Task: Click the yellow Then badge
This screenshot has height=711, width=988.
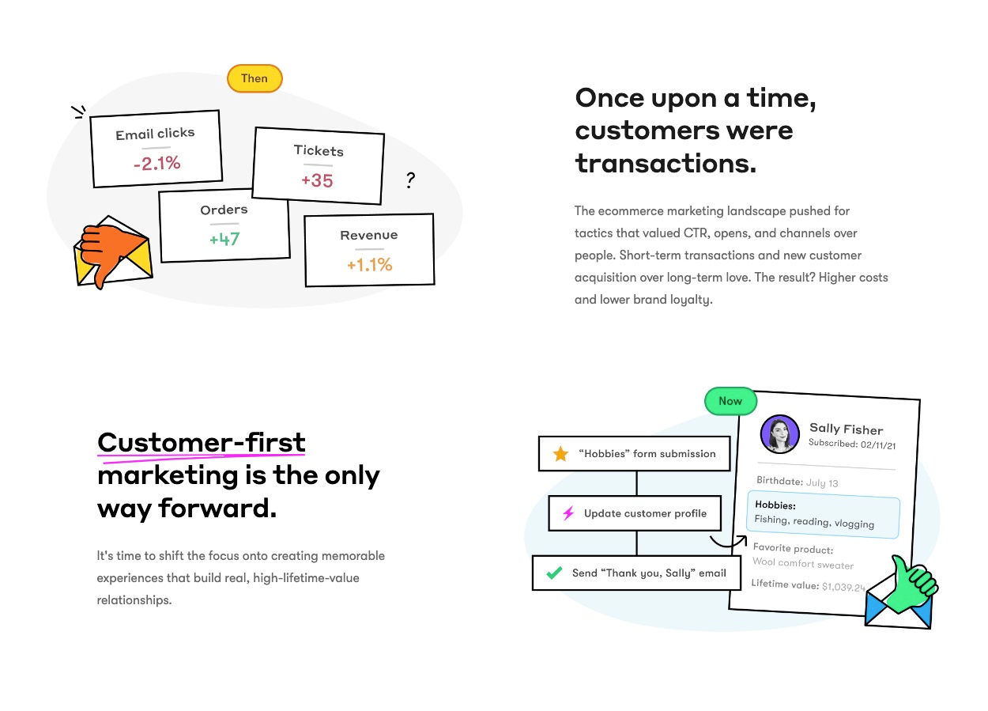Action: click(255, 78)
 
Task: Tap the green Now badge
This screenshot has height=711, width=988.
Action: click(730, 401)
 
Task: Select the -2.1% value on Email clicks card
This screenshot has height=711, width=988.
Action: click(157, 163)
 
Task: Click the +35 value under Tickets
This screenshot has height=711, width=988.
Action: click(317, 180)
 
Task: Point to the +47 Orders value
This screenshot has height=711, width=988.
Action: click(224, 239)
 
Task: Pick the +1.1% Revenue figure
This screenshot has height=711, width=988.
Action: click(370, 265)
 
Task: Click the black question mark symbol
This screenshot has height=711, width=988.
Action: click(410, 180)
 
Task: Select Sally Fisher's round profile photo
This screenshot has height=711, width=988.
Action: click(780, 434)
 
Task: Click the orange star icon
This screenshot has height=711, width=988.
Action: click(560, 454)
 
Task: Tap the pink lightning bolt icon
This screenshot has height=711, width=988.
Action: click(568, 512)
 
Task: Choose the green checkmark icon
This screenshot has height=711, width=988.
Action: click(554, 573)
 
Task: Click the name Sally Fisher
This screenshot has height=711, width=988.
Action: click(846, 429)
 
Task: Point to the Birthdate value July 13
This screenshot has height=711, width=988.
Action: click(822, 482)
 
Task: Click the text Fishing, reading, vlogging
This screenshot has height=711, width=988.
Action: click(814, 522)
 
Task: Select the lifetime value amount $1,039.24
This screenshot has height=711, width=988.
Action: click(843, 587)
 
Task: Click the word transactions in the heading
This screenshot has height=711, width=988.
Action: click(666, 164)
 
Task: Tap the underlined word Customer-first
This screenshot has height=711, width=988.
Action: click(201, 443)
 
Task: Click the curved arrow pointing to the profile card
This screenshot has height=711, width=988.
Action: click(728, 544)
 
